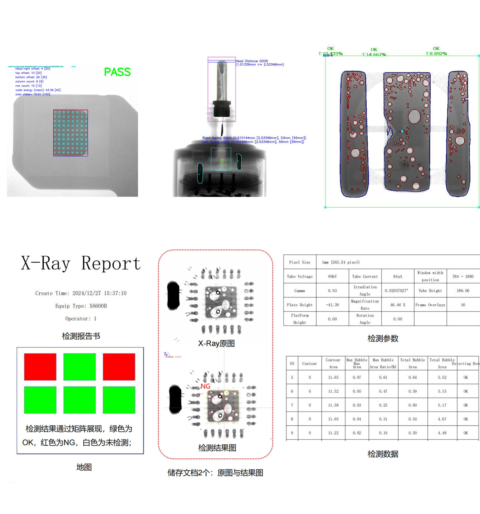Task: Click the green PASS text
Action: point(117,72)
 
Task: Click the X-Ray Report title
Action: point(81,263)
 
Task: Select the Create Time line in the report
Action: point(81,293)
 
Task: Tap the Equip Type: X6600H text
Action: point(81,306)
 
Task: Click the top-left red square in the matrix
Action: point(40,367)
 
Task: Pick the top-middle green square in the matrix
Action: point(79,367)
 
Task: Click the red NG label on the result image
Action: point(205,386)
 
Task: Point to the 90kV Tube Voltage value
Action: point(332,276)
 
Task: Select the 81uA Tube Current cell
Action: point(397,276)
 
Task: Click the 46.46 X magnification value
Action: point(397,305)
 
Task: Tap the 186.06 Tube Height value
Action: point(463,291)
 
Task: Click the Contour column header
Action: point(309,364)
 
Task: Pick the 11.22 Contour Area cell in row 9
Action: point(333,433)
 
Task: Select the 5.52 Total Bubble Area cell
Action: point(442,377)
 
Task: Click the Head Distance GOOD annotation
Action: point(252,61)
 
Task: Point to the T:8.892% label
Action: point(436,54)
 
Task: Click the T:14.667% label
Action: point(374,55)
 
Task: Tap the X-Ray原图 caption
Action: point(216,344)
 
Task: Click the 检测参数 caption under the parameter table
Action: point(383,339)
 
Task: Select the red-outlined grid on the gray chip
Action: point(70,133)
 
